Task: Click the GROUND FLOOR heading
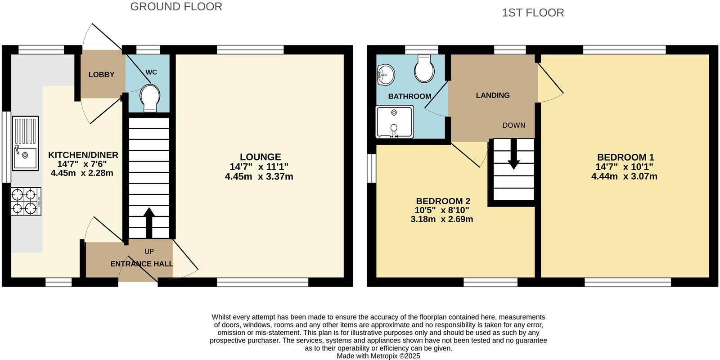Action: coord(176,7)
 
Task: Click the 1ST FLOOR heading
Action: coord(533,13)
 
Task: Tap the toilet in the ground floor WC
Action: coord(150,98)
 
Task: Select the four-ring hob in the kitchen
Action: coord(25,201)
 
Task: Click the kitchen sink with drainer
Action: coord(25,143)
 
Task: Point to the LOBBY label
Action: coord(101,75)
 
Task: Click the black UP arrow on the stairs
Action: coord(149,222)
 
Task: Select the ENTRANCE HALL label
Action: coord(142,264)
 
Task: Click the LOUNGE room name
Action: coord(260,157)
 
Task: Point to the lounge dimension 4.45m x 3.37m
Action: coord(259,176)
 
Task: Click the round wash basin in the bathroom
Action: coord(386,74)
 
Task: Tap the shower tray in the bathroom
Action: coord(394,121)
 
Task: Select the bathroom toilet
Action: coord(424,69)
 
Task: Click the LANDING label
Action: coord(493,95)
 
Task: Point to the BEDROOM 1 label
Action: coord(625,157)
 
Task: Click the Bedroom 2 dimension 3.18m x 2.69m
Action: coord(441,220)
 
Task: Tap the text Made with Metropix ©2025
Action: coord(378,355)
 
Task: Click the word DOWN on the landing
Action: coord(514,125)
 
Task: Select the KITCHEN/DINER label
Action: coord(83,155)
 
